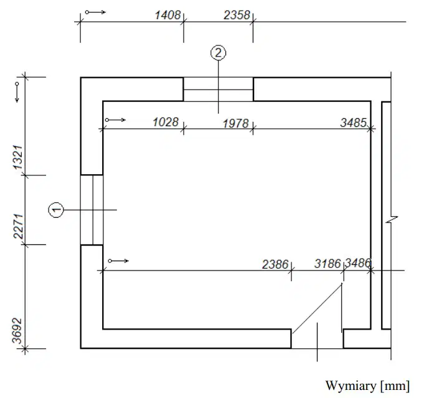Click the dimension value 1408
click(x=167, y=15)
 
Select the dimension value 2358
click(x=237, y=15)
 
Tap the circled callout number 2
click(x=218, y=53)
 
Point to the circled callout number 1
click(x=56, y=210)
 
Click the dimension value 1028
click(x=166, y=122)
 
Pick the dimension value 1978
click(x=235, y=124)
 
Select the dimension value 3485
click(x=353, y=123)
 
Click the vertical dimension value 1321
click(x=18, y=157)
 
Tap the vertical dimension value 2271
click(x=18, y=226)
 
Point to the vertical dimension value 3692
click(x=17, y=331)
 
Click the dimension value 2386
click(x=275, y=264)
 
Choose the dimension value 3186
click(x=327, y=264)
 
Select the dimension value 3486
click(x=358, y=262)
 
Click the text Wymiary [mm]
click(x=367, y=386)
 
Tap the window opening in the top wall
click(x=218, y=90)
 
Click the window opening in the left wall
click(x=92, y=210)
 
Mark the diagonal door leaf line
click(x=317, y=308)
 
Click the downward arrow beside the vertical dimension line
click(x=17, y=92)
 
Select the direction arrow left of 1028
click(x=115, y=119)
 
